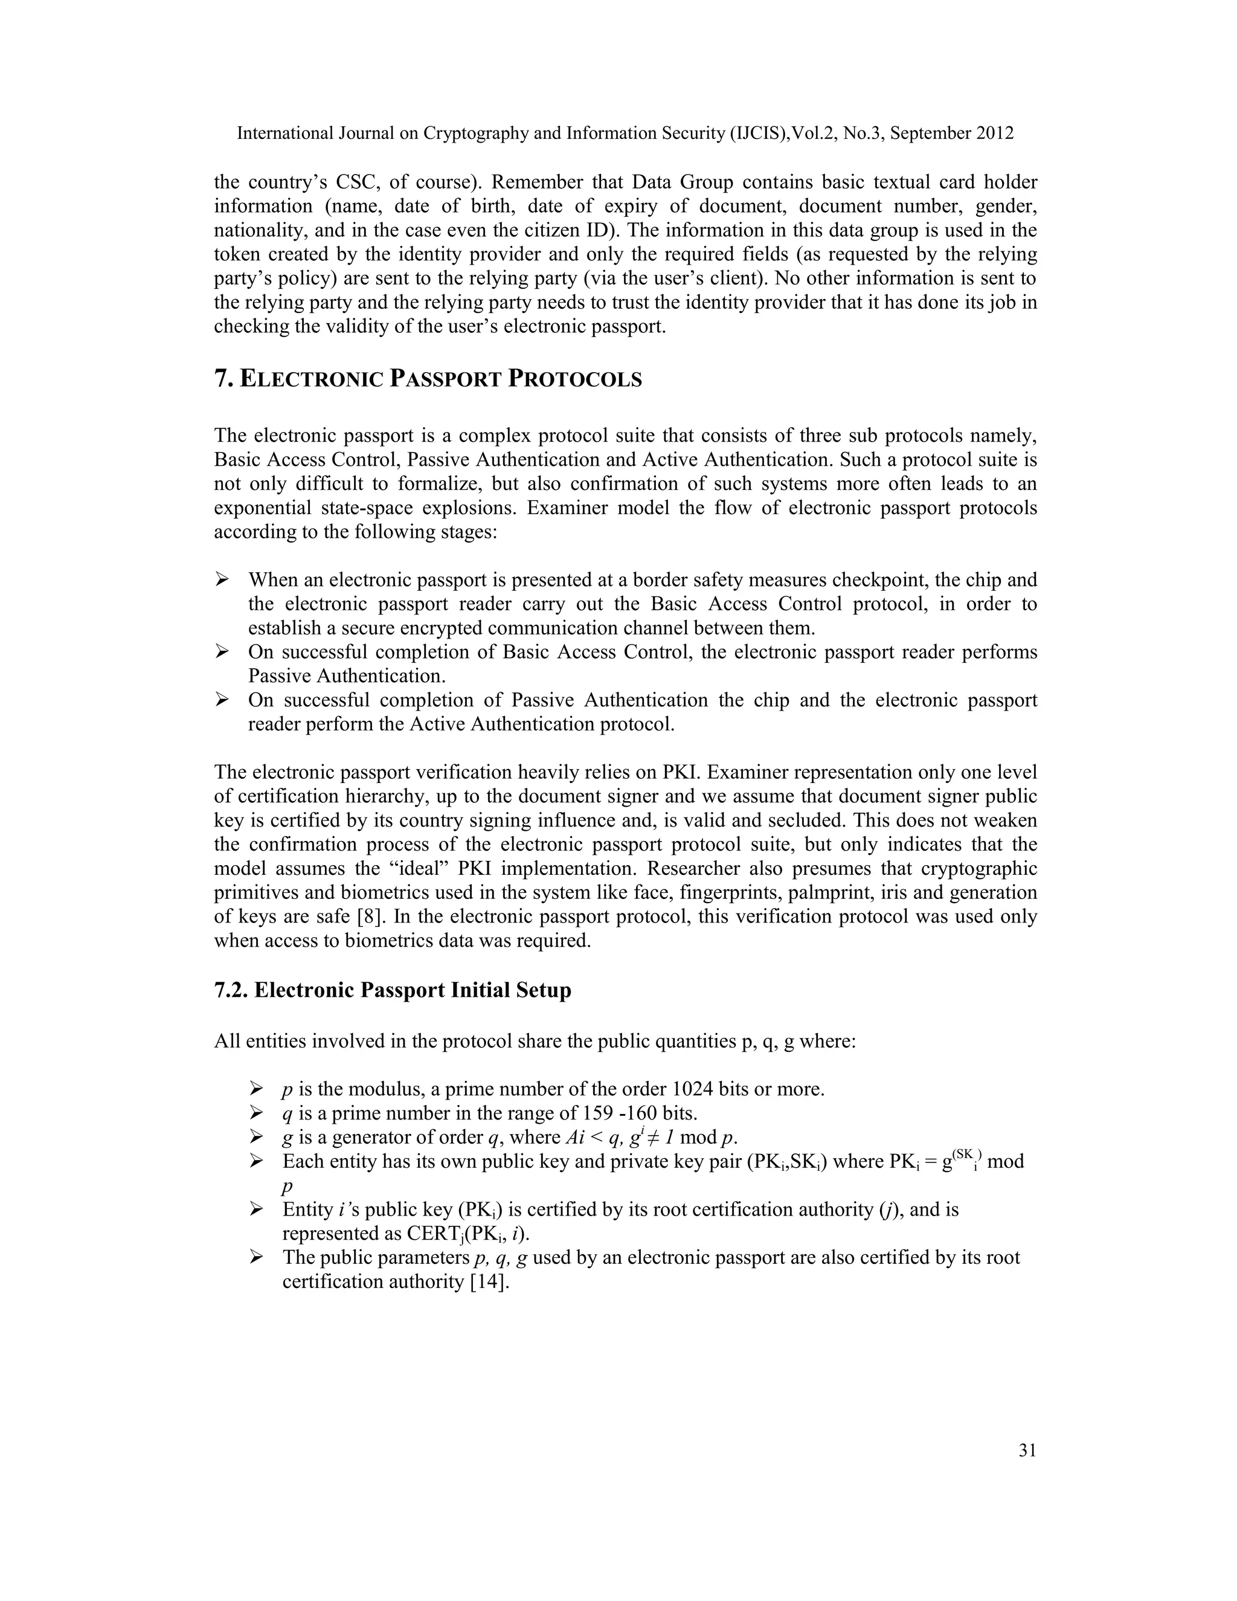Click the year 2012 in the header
994,134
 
